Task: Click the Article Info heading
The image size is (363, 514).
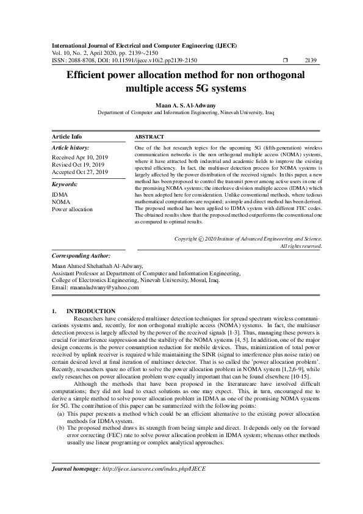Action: click(66, 137)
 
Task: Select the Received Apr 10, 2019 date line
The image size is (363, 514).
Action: click(79, 157)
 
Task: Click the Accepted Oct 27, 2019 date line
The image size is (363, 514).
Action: click(80, 172)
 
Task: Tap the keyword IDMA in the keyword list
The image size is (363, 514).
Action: click(60, 194)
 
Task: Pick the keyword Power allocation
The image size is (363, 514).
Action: click(73, 209)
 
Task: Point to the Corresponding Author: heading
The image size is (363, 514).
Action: click(81, 256)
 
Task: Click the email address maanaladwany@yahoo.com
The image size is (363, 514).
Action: click(105, 287)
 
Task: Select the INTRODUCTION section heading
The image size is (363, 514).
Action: click(90, 311)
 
